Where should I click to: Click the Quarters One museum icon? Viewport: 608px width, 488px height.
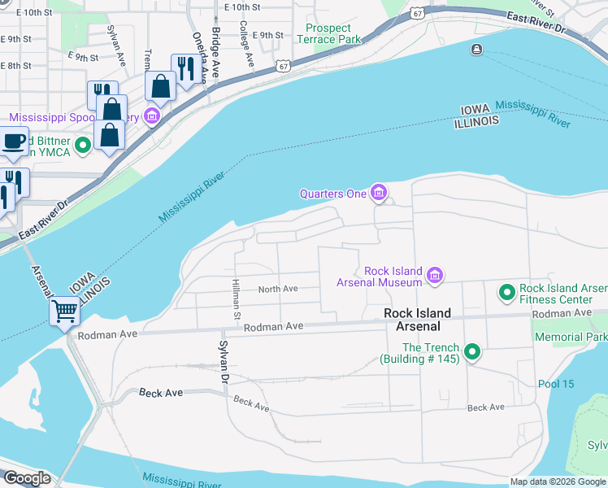[x=378, y=193]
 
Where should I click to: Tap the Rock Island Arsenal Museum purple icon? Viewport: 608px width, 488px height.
[x=434, y=277]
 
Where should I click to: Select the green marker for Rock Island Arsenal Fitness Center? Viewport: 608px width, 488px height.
[x=507, y=291]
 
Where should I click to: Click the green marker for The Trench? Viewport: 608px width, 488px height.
[x=472, y=352]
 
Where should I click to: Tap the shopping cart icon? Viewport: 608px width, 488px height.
[x=64, y=310]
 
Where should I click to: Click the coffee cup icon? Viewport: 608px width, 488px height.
[x=13, y=140]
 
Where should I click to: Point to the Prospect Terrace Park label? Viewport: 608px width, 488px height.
[x=332, y=33]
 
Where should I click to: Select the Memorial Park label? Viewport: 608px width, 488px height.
[x=571, y=337]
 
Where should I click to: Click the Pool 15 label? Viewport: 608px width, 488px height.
[x=556, y=384]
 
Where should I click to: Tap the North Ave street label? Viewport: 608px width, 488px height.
[x=278, y=289]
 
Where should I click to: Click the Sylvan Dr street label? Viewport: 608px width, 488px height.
[x=221, y=362]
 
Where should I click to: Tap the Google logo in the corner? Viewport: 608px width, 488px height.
[x=26, y=478]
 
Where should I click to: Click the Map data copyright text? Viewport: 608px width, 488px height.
[x=558, y=482]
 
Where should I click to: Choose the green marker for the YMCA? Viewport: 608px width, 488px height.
[x=82, y=146]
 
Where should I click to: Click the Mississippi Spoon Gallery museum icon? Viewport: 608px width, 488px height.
[x=151, y=117]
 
